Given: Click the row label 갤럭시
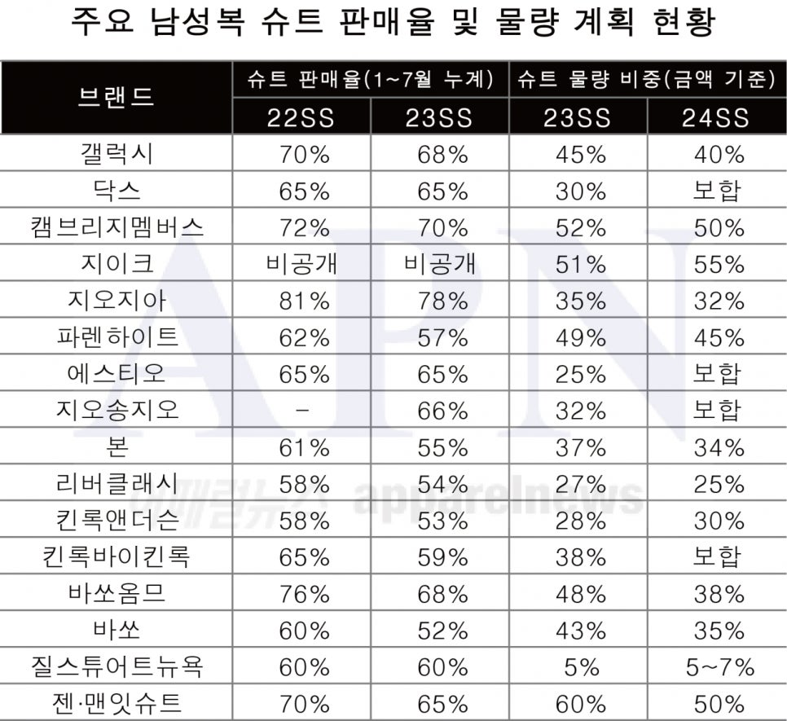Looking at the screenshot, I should (x=116, y=155).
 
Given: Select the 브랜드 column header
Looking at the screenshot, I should (x=116, y=97).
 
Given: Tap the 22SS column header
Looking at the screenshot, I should (x=301, y=118).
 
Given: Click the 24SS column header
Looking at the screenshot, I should (x=717, y=118).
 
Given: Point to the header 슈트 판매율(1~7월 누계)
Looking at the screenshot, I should (x=371, y=79).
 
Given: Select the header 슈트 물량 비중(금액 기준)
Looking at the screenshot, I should (x=648, y=79).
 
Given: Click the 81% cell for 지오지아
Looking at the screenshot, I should (x=303, y=301).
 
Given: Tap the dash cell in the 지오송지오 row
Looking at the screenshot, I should (x=302, y=411).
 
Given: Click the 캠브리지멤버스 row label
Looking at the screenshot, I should (x=116, y=228).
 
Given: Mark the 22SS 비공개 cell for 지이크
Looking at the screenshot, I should (x=302, y=264).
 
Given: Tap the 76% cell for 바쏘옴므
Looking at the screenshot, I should (x=303, y=594).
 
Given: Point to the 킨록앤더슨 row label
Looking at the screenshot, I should (x=116, y=521).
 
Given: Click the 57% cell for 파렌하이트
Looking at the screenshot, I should (x=441, y=337).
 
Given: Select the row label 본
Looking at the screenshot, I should (x=116, y=447).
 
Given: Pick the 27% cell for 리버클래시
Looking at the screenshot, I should (x=579, y=484).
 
